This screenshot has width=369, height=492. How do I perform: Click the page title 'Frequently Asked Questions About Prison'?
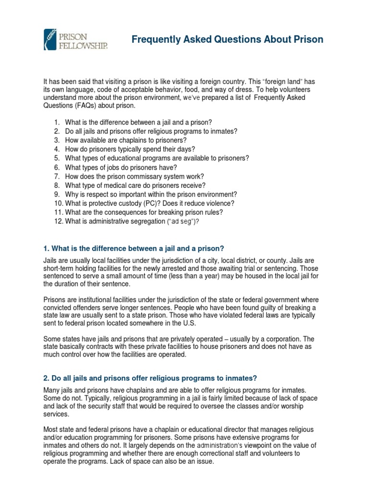pos(227,39)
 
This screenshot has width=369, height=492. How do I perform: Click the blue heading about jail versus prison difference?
pos(134,248)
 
